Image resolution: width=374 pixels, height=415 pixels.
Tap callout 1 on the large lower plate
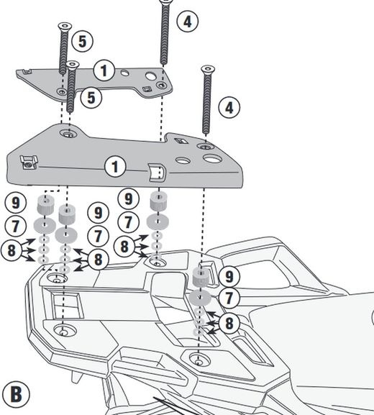(x=114, y=167)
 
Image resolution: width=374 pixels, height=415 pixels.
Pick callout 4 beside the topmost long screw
(x=186, y=21)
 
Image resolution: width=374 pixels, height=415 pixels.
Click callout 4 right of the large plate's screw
(x=229, y=109)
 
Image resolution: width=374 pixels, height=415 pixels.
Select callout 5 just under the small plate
(x=91, y=97)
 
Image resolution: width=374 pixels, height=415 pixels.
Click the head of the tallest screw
(x=165, y=2)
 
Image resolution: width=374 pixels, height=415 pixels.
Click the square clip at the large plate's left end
(x=27, y=163)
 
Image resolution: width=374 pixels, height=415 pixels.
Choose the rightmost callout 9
(x=229, y=276)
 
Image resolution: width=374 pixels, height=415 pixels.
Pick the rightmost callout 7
(x=229, y=298)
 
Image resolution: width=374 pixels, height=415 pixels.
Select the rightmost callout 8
(x=229, y=323)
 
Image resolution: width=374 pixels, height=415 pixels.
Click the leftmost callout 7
(x=16, y=226)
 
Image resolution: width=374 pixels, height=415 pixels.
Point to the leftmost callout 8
(x=13, y=250)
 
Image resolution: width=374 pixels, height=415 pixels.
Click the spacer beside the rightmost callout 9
(x=201, y=276)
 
